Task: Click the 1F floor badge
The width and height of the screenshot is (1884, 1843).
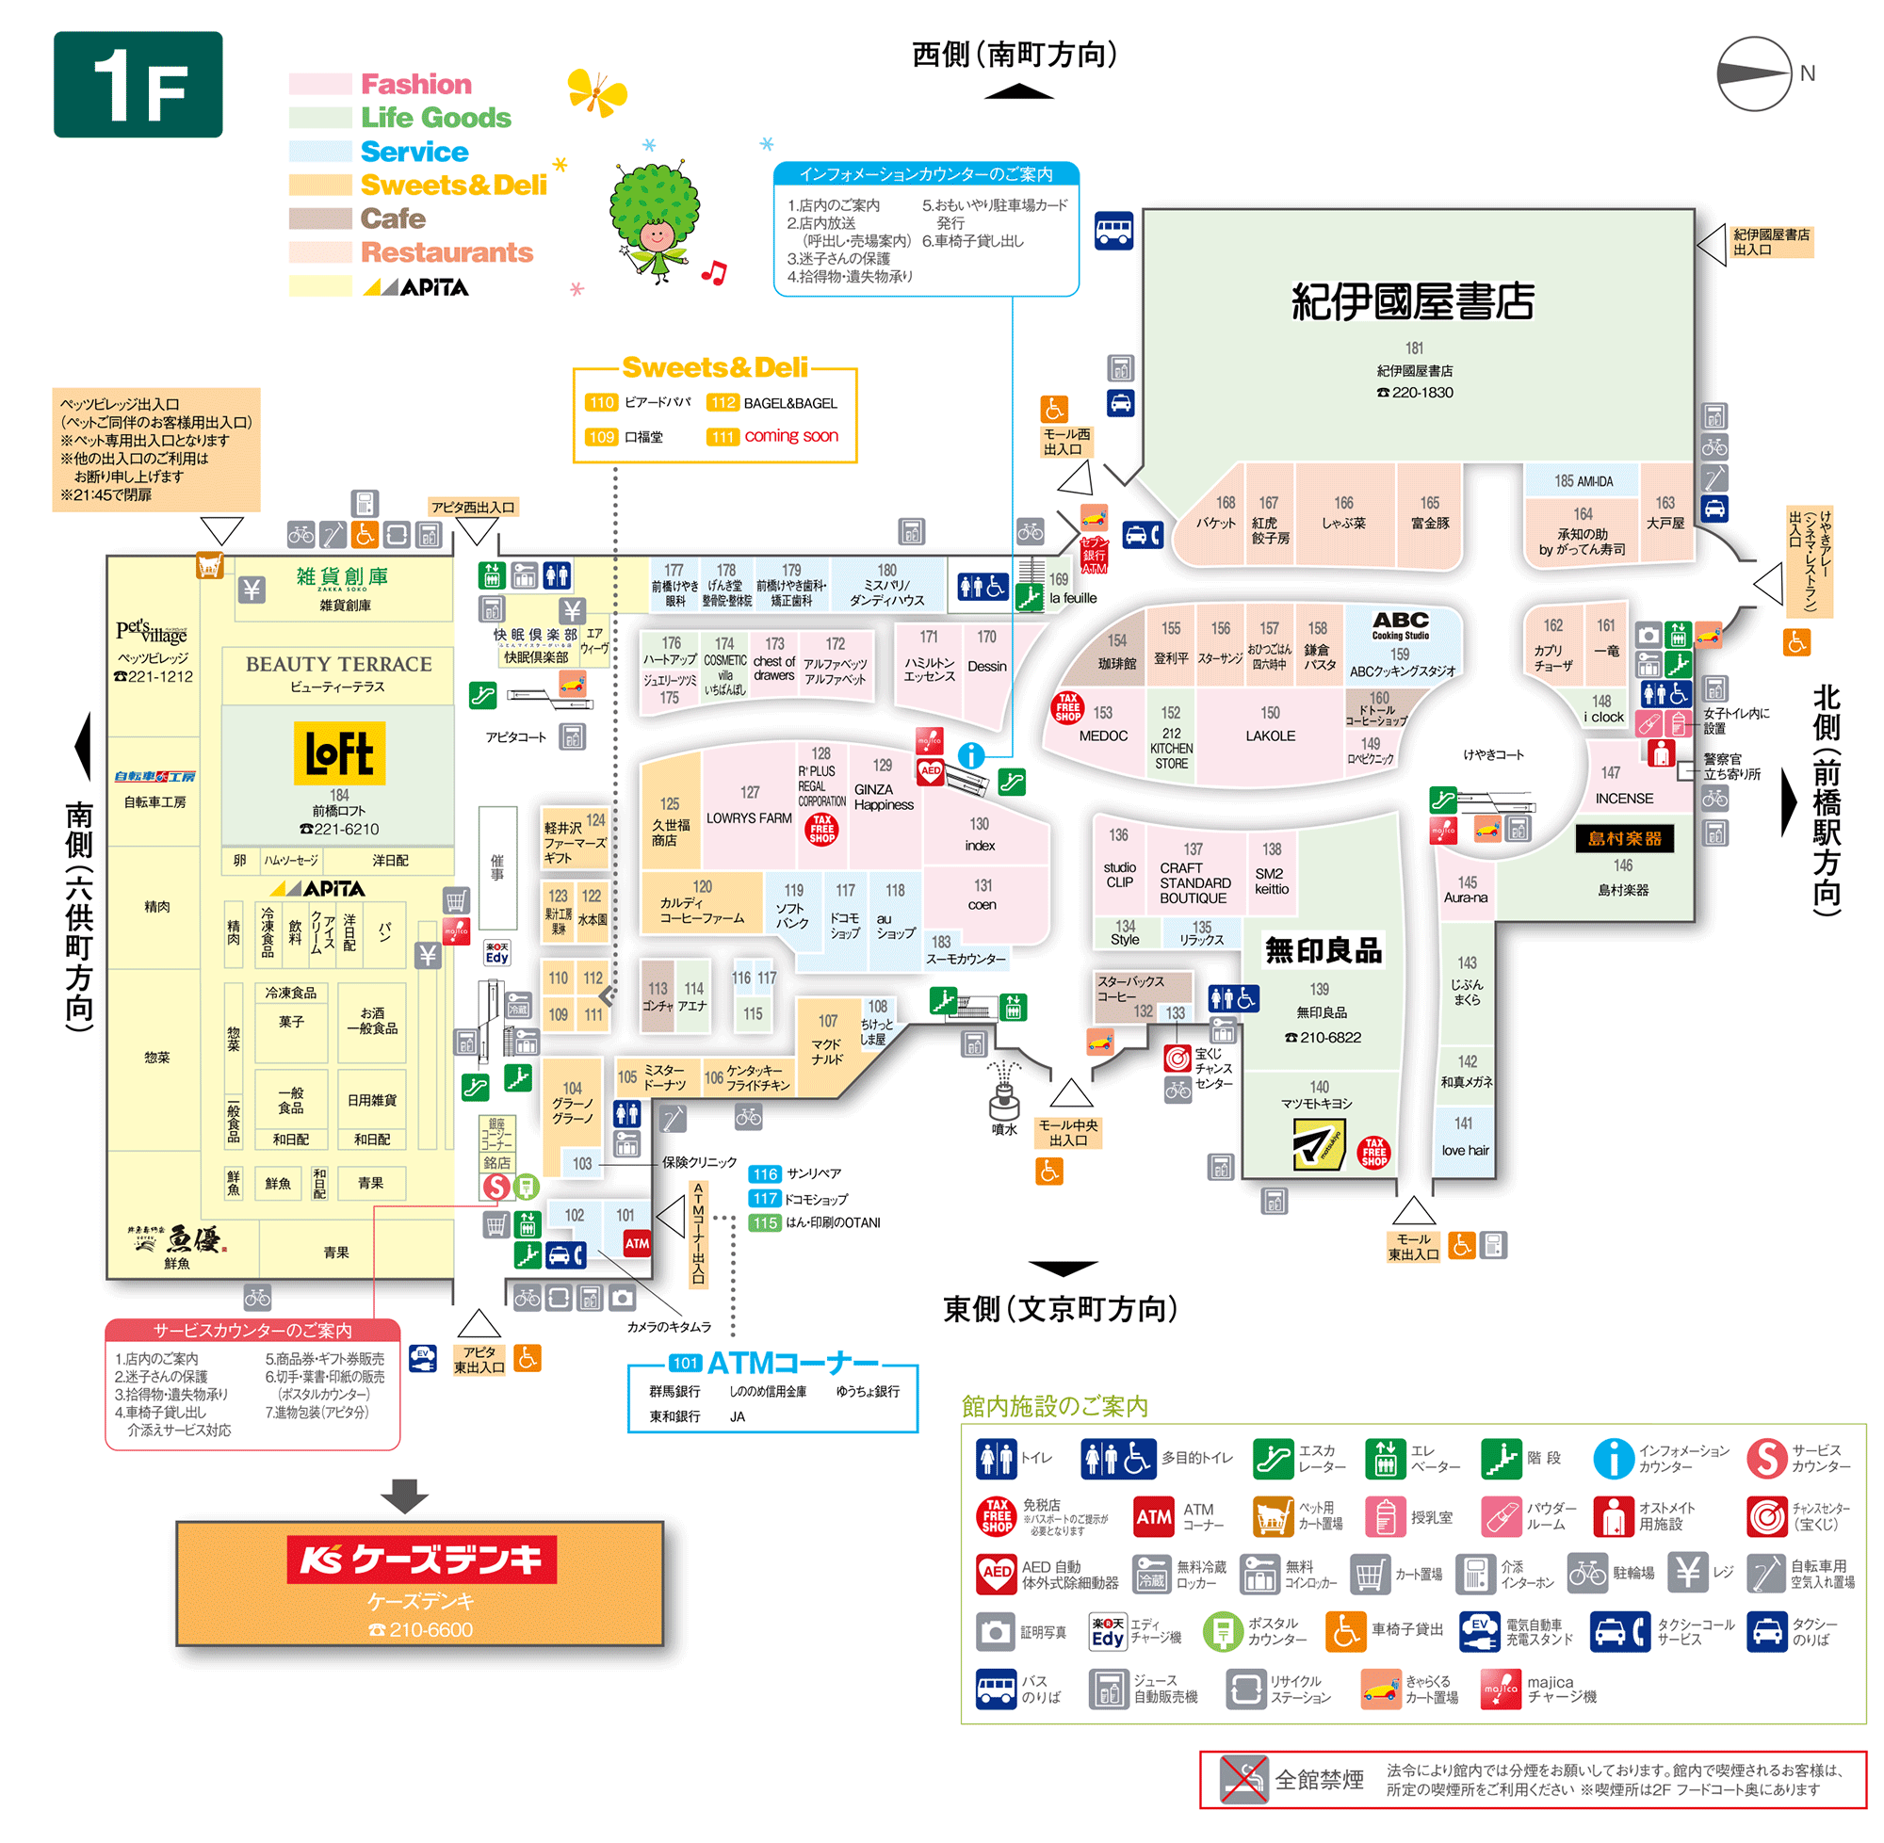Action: pyautogui.click(x=138, y=84)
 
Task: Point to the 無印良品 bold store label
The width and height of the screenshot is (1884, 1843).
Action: pyautogui.click(x=1323, y=950)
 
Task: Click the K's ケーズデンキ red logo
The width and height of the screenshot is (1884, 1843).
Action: pyautogui.click(x=420, y=1559)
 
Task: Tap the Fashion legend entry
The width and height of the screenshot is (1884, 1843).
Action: pyautogui.click(x=415, y=84)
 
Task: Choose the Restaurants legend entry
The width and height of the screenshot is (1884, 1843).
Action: pyautogui.click(x=447, y=252)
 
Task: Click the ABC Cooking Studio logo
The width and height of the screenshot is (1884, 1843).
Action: pyautogui.click(x=1400, y=624)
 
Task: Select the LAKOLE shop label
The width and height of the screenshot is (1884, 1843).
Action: pyautogui.click(x=1269, y=736)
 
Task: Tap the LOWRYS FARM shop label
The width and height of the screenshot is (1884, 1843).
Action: pyautogui.click(x=748, y=818)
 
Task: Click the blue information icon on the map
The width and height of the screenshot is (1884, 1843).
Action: pyautogui.click(x=971, y=755)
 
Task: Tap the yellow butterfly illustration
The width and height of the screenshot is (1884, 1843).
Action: pyautogui.click(x=596, y=92)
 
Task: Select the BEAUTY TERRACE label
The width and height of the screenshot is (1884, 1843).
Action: pyautogui.click(x=339, y=664)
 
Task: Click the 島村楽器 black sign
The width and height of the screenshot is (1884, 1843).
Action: pyautogui.click(x=1624, y=838)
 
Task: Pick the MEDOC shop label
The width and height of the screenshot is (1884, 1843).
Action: pyautogui.click(x=1103, y=736)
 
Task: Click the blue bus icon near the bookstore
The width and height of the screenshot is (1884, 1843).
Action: pyautogui.click(x=1113, y=231)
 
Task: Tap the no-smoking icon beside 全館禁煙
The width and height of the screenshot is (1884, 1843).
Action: pyautogui.click(x=1243, y=1778)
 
